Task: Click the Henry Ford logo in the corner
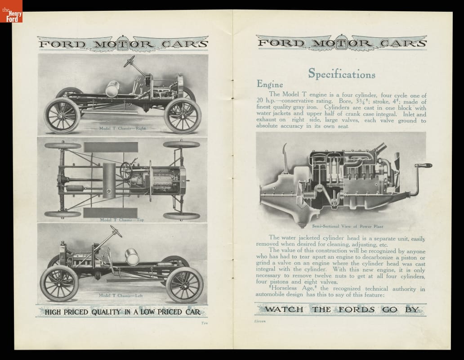[x=11, y=11]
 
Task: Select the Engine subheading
[x=270, y=84]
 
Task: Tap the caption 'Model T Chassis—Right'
[x=123, y=128]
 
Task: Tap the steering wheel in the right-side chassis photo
[x=129, y=61]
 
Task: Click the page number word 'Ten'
[x=203, y=323]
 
